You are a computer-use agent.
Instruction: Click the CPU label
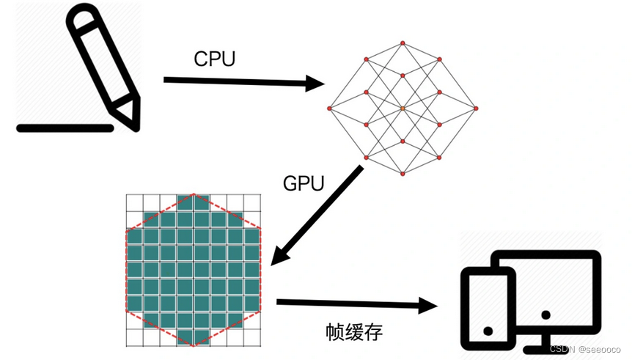coord(214,59)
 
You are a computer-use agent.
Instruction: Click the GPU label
coord(304,183)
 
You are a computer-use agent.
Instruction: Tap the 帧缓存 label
coord(354,332)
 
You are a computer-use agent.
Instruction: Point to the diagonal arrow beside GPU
coord(317,216)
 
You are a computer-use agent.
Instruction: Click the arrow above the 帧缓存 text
coord(356,303)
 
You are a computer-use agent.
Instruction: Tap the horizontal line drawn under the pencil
coord(65,128)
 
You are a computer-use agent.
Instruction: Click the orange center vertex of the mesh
coord(403,109)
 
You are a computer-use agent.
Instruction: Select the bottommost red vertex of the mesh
coord(403,174)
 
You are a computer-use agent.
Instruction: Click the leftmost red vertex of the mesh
coord(329,109)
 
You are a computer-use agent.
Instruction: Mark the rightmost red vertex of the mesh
coord(476,109)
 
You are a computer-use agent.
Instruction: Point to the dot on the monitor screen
coord(545,315)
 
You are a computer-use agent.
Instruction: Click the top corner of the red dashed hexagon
coord(194,194)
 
